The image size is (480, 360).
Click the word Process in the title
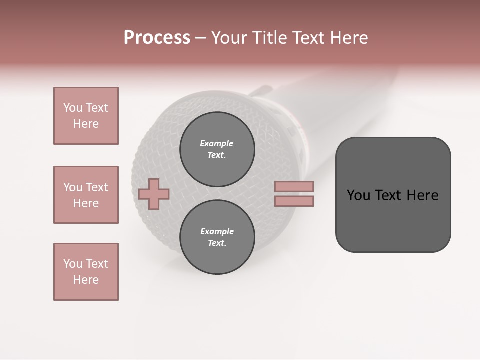pyautogui.click(x=157, y=38)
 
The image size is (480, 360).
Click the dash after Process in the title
pyautogui.click(x=201, y=38)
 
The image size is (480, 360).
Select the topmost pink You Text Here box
pyautogui.click(x=86, y=116)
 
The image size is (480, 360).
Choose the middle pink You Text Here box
pyautogui.click(x=86, y=195)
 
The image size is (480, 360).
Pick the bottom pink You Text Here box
pyautogui.click(x=86, y=272)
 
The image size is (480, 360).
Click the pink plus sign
pyautogui.click(x=154, y=194)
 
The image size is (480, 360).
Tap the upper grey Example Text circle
pyautogui.click(x=217, y=149)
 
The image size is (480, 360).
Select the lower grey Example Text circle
pyautogui.click(x=217, y=237)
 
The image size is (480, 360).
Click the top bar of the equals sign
pyautogui.click(x=294, y=186)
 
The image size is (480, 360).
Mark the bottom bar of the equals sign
pyautogui.click(x=294, y=201)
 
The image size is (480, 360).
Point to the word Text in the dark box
pyautogui.click(x=391, y=195)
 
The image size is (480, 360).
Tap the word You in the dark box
pyautogui.click(x=359, y=195)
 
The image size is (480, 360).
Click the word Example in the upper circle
pyautogui.click(x=217, y=143)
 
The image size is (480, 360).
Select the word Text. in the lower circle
pyautogui.click(x=217, y=243)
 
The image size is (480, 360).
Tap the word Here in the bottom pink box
pyautogui.click(x=86, y=280)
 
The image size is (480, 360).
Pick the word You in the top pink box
pyautogui.click(x=72, y=108)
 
